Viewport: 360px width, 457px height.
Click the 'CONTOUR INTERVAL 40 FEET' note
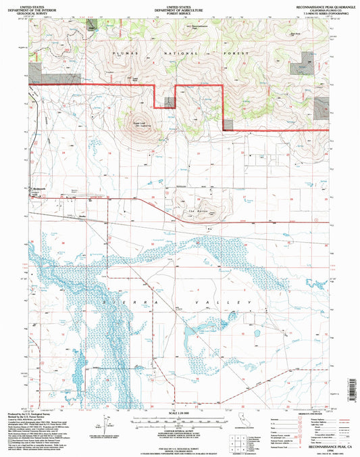pyautogui.click(x=179, y=432)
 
